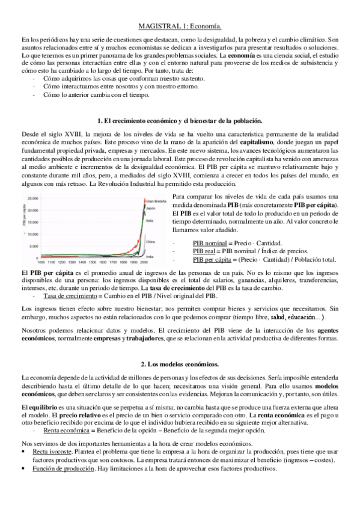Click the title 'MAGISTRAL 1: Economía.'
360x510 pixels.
180,26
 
